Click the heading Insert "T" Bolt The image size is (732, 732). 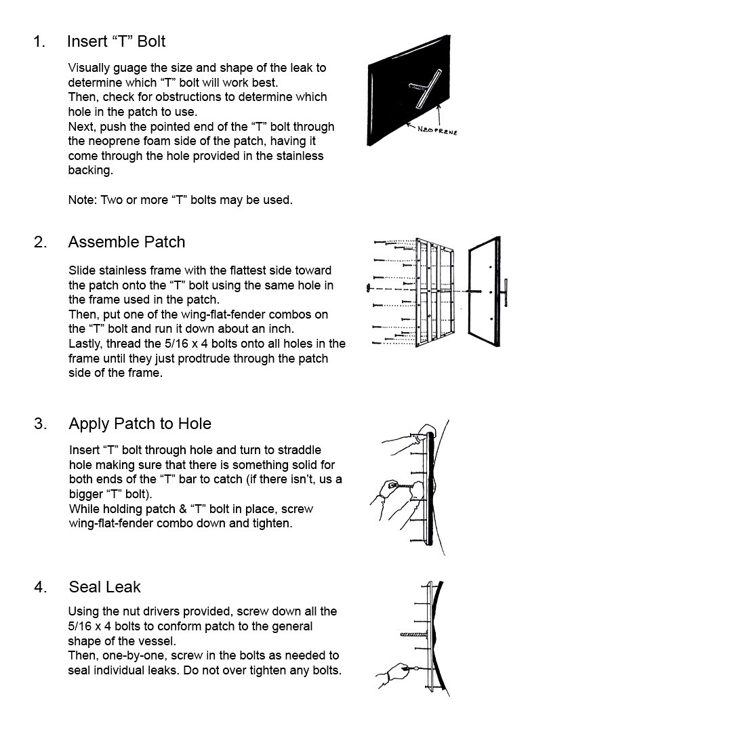tap(117, 41)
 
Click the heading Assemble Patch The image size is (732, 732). tap(127, 242)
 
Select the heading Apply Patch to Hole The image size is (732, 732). tap(140, 424)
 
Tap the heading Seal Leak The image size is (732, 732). tap(104, 587)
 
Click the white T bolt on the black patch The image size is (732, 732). tap(425, 89)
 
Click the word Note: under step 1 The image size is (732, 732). tap(83, 200)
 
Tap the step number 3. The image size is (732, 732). tap(40, 424)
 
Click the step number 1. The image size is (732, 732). tap(39, 41)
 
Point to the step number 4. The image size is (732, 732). tap(40, 587)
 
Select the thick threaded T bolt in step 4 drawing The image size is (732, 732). tap(414, 634)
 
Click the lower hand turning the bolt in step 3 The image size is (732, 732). tap(392, 500)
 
